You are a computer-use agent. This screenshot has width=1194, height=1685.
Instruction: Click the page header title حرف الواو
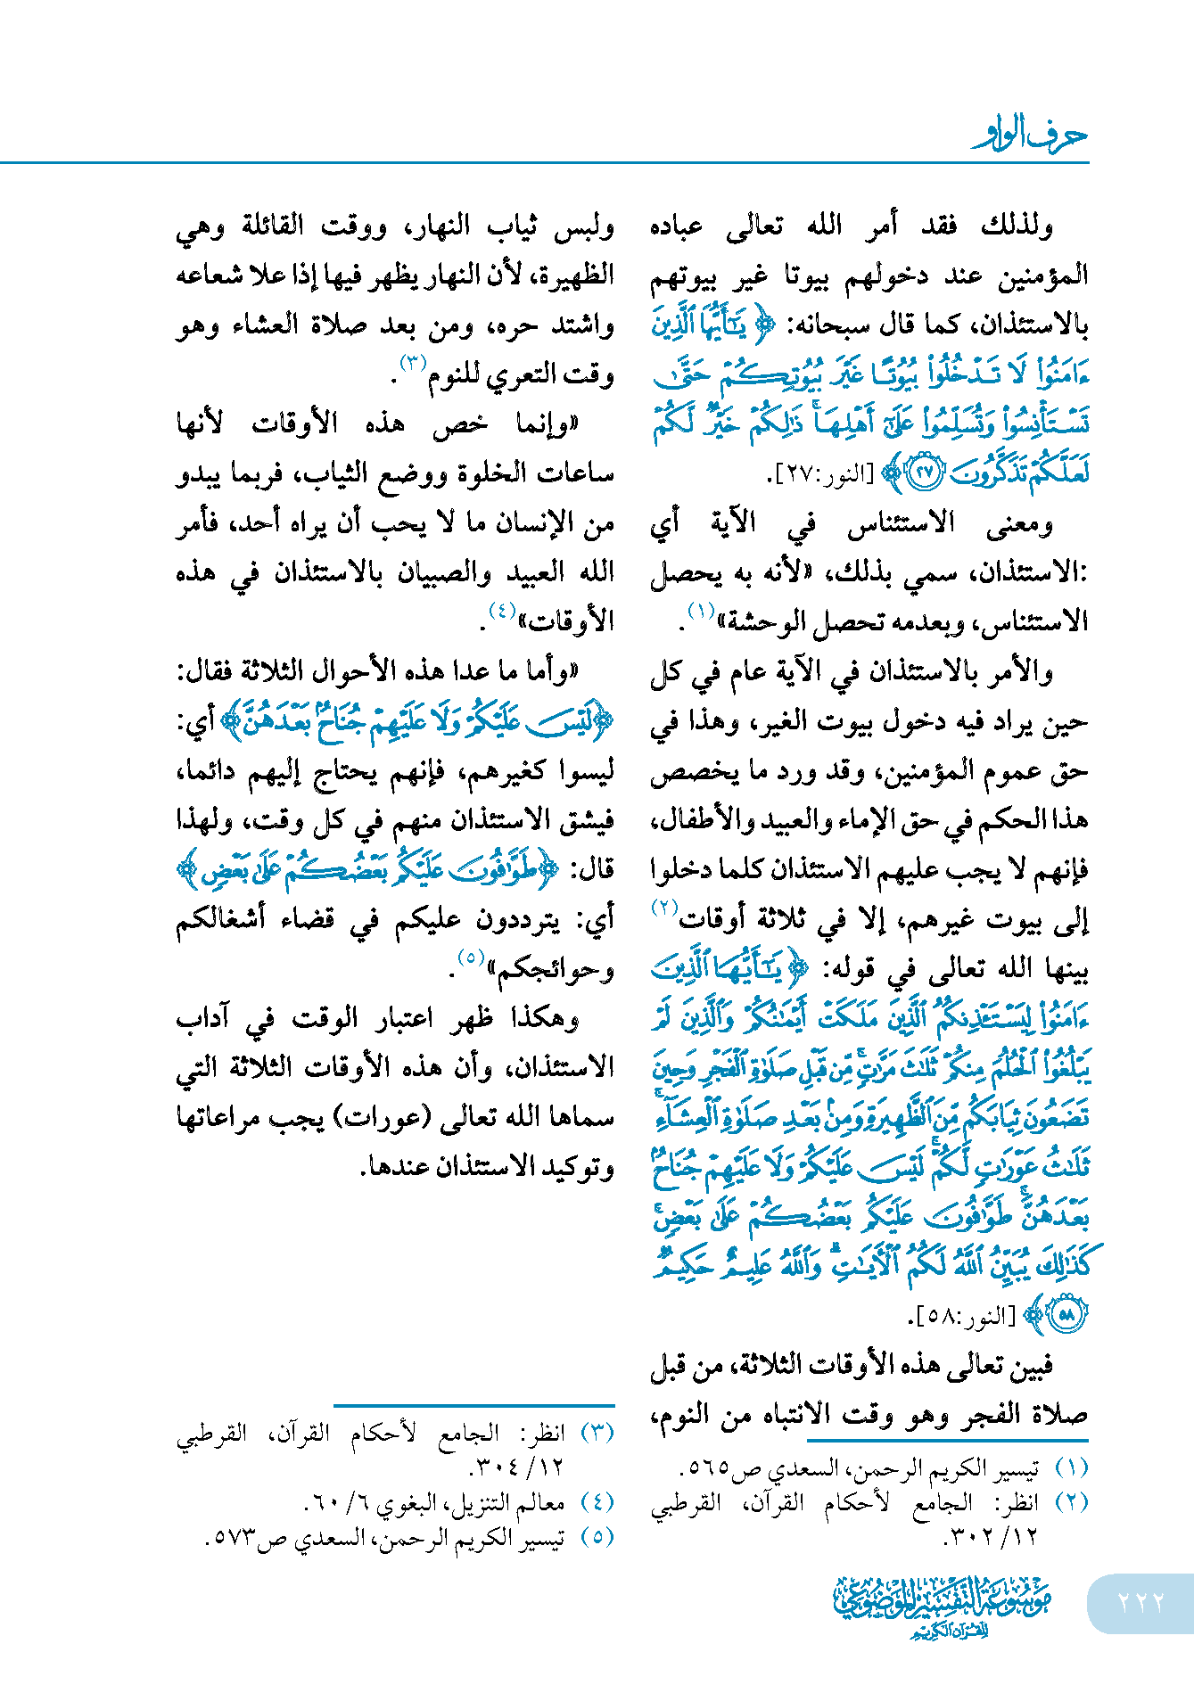click(1030, 136)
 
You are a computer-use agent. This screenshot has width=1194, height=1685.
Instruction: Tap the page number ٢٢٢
click(1140, 1602)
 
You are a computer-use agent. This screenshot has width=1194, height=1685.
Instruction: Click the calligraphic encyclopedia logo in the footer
click(942, 1606)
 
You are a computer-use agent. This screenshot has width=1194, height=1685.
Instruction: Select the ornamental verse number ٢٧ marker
click(924, 473)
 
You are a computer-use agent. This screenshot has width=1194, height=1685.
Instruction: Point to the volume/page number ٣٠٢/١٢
click(977, 1537)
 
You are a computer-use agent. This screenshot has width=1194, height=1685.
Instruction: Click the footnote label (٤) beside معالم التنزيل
click(597, 1502)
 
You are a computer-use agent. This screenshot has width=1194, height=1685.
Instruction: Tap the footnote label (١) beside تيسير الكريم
click(1071, 1467)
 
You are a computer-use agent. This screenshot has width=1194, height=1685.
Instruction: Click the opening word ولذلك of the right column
click(1017, 225)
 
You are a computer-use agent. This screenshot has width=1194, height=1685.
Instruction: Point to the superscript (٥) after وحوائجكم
click(470, 958)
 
